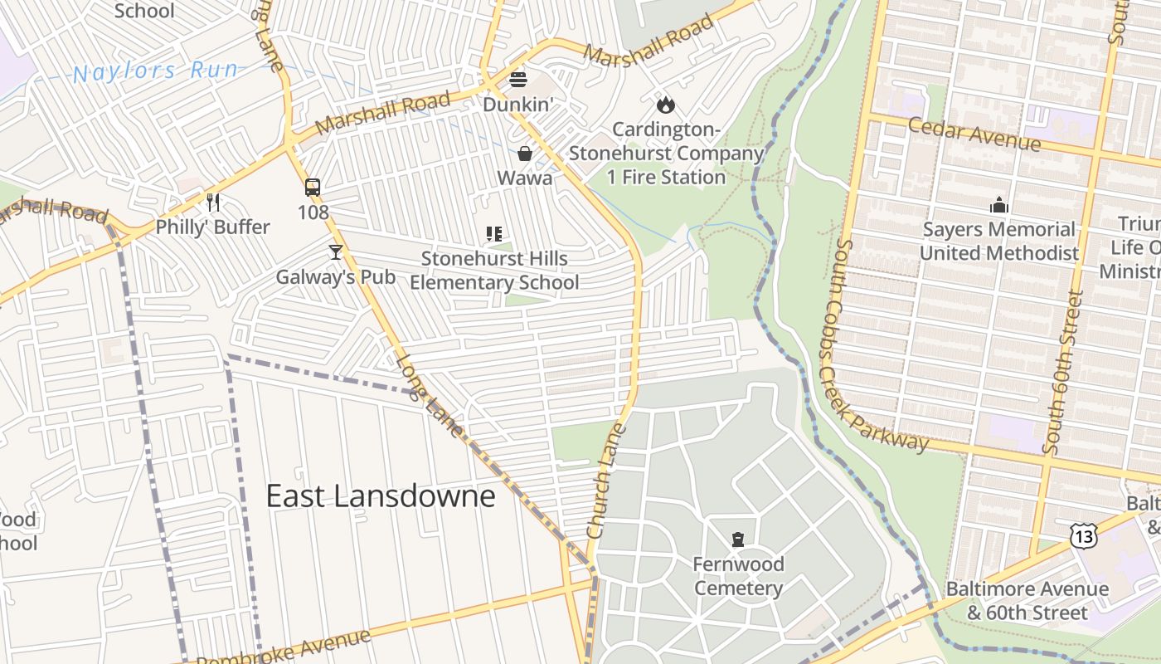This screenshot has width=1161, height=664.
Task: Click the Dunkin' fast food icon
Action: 518,80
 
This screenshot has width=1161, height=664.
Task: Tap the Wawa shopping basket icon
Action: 525,154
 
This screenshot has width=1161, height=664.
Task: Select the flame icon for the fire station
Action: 665,105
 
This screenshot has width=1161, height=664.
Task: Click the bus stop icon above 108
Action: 313,188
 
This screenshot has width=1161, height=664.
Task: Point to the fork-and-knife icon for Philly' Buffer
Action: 213,202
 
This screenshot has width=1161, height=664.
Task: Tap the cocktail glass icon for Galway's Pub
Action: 335,251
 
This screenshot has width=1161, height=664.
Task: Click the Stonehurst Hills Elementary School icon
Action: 494,234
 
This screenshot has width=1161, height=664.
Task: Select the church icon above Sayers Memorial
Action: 999,204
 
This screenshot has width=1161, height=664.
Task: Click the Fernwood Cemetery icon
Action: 738,539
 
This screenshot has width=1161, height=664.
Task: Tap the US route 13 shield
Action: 1083,535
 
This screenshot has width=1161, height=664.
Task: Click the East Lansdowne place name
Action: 381,496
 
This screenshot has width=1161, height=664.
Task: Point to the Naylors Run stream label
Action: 156,71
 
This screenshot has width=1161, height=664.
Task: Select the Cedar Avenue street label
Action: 974,134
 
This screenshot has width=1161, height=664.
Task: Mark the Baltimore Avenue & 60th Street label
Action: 1027,601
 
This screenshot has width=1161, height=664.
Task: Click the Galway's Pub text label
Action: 336,276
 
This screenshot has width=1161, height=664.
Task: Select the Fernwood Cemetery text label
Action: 738,576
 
